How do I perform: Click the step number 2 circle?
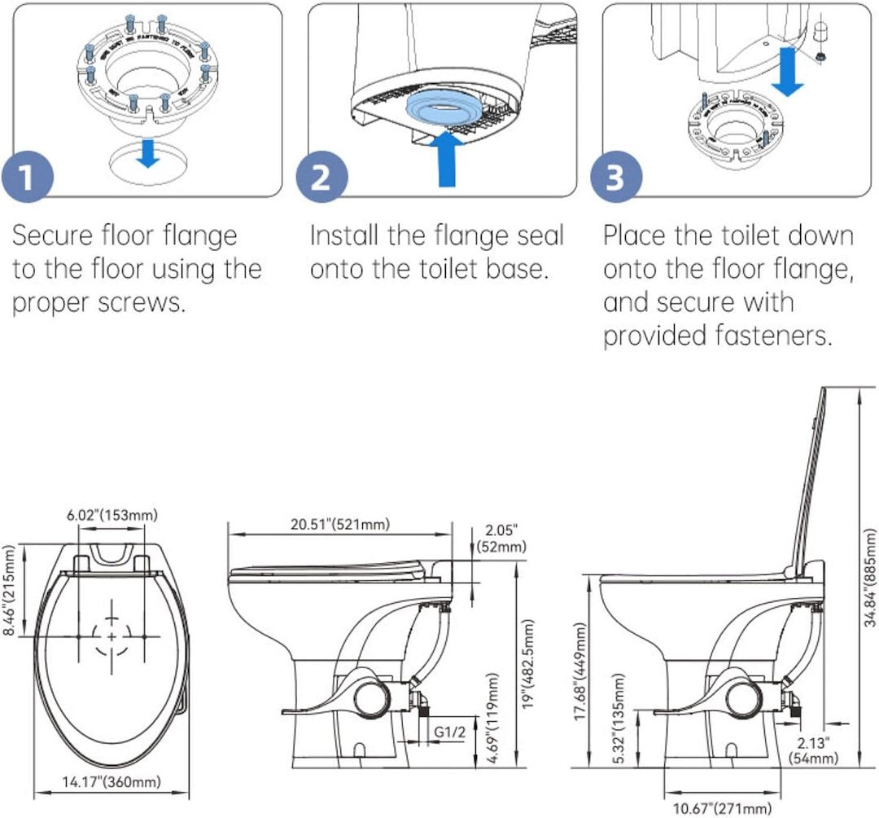click(x=322, y=177)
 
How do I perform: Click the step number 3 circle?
click(x=615, y=177)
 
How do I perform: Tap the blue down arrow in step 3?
click(x=787, y=70)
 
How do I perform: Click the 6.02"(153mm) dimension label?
click(x=112, y=515)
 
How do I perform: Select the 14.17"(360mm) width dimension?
click(x=112, y=783)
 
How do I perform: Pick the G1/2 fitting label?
click(x=449, y=732)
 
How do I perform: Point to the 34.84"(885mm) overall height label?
click(x=869, y=587)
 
